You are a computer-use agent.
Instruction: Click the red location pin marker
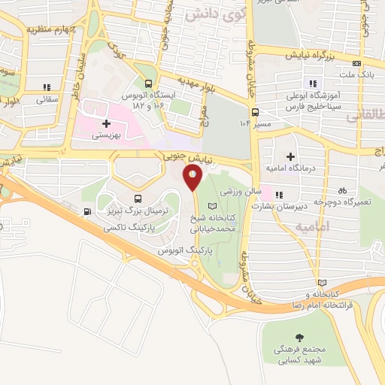(x=192, y=177)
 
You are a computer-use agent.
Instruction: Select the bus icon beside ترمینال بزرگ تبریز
(x=89, y=211)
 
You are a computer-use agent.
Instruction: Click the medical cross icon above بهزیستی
(x=107, y=123)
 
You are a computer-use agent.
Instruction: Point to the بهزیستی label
(x=106, y=136)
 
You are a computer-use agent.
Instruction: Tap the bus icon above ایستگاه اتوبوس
(x=148, y=84)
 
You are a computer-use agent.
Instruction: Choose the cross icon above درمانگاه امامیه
(x=290, y=156)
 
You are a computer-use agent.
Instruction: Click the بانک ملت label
(x=356, y=74)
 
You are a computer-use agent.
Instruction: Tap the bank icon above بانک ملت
(x=356, y=63)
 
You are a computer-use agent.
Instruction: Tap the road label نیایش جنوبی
(x=186, y=156)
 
